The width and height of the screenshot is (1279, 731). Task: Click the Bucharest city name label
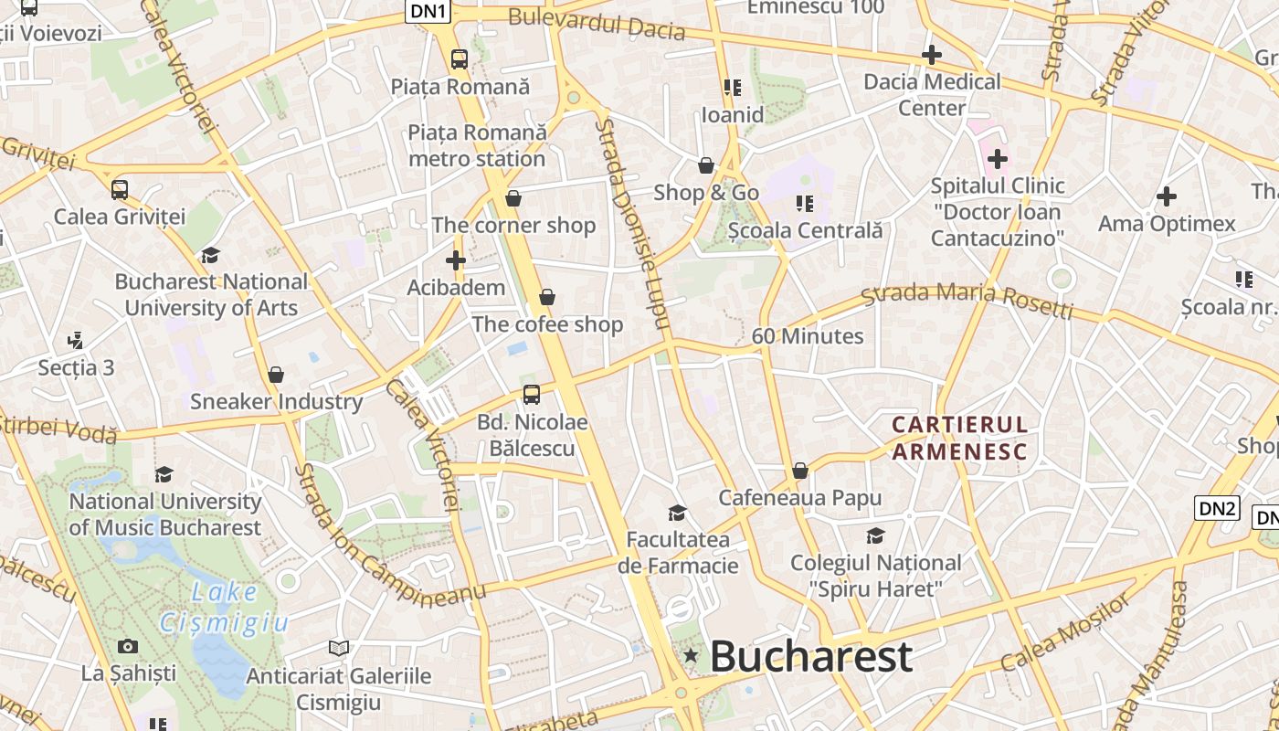click(x=810, y=656)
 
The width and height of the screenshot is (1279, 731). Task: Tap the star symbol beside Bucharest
click(x=691, y=655)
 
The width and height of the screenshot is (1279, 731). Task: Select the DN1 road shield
click(x=428, y=11)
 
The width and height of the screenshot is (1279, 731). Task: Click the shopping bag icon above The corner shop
click(x=513, y=198)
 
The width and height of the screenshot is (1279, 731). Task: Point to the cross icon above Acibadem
click(x=456, y=260)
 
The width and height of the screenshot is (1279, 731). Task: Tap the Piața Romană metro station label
click(x=477, y=145)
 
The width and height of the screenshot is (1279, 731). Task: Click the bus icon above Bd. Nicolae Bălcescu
click(x=531, y=395)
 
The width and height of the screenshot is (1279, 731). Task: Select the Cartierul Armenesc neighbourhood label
click(x=959, y=437)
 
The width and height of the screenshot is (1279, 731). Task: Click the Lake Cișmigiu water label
click(x=224, y=608)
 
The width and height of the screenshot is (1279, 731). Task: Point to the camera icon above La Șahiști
click(x=128, y=647)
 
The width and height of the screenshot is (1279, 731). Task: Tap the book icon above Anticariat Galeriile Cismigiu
click(x=339, y=648)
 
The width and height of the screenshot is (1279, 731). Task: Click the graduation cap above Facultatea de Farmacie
click(x=677, y=513)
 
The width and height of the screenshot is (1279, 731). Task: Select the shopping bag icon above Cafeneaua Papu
click(x=800, y=471)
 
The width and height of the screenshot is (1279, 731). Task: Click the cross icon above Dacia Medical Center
click(x=932, y=55)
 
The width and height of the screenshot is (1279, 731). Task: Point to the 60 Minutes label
click(x=808, y=336)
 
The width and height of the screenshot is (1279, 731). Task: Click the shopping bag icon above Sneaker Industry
click(x=276, y=375)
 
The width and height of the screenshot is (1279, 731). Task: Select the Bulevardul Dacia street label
click(x=597, y=24)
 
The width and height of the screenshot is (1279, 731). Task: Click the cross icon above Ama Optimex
click(x=1167, y=196)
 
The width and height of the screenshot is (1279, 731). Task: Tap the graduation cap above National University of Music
click(x=164, y=474)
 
